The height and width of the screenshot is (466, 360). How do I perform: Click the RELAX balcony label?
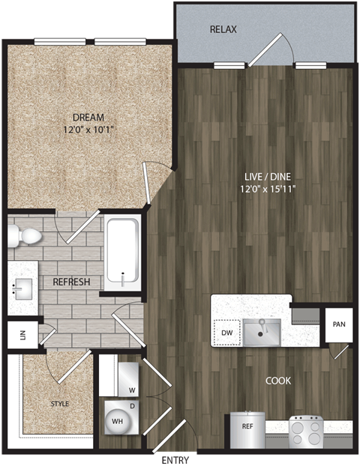223,30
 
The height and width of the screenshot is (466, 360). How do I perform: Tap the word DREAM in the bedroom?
88,117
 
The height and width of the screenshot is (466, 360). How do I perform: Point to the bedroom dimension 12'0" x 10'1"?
88,130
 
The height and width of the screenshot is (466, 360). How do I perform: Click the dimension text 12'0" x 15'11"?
263,188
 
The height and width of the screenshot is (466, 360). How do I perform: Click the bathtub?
121,252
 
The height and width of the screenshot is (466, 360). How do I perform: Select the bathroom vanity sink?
21,287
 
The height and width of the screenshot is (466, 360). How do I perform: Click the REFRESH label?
71,282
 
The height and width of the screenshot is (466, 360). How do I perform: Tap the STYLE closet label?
60,404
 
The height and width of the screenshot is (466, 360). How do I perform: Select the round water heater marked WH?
118,420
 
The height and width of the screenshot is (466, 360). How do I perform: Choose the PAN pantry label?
338,324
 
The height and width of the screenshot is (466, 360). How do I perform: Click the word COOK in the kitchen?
278,381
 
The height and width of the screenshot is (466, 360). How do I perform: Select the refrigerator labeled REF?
247,429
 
